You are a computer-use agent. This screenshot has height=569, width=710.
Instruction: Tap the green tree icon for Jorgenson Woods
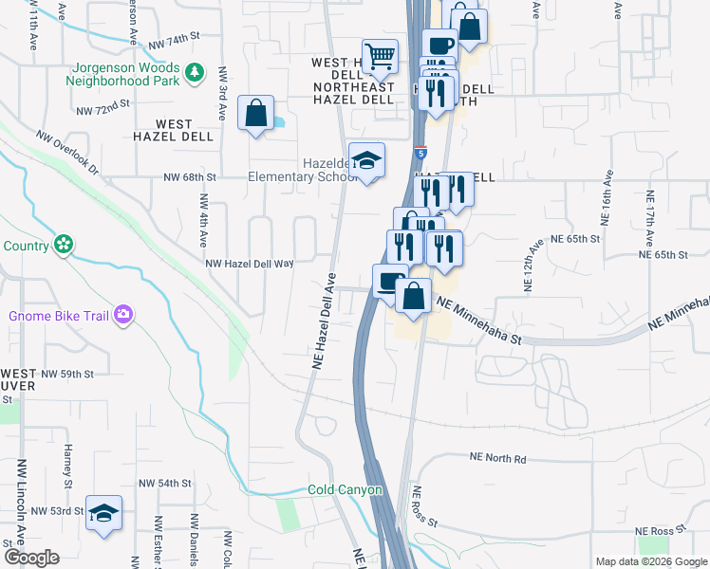pos(194,72)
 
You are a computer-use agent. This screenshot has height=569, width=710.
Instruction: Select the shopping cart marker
pos(380,56)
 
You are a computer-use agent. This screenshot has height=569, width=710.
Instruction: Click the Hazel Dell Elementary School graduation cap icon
pos(366,160)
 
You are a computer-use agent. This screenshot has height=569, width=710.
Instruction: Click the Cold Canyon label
pos(345,490)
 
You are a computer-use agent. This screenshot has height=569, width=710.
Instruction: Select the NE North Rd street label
pos(497,457)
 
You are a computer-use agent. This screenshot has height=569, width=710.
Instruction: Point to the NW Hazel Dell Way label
pos(250,265)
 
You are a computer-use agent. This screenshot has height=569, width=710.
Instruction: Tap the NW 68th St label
pos(190,177)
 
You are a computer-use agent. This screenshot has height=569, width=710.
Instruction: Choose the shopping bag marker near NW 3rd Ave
pos(256,114)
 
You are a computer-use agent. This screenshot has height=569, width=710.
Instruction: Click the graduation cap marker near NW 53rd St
pos(104,513)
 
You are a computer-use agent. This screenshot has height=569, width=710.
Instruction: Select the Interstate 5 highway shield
pos(420,152)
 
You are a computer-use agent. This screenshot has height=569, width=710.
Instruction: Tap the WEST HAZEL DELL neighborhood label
pos(174,131)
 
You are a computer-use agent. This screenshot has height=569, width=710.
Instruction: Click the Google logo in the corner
pos(31,558)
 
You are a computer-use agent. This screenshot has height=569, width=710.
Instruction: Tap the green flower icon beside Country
pos(63,245)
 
